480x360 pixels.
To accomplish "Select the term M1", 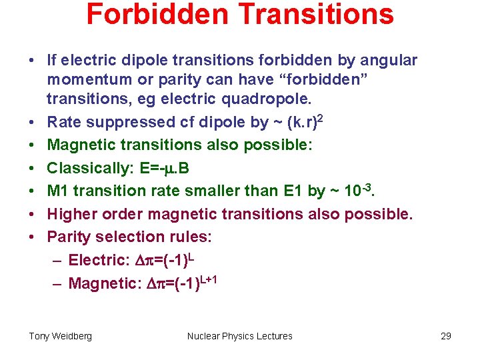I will click(x=58, y=191).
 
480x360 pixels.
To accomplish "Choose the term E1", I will click(x=291, y=191).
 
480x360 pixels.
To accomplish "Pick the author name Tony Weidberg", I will click(x=61, y=336).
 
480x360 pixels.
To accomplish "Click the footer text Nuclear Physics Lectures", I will click(x=240, y=336).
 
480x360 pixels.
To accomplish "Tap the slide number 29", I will click(x=446, y=336).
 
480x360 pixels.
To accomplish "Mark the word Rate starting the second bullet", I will click(x=65, y=123).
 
